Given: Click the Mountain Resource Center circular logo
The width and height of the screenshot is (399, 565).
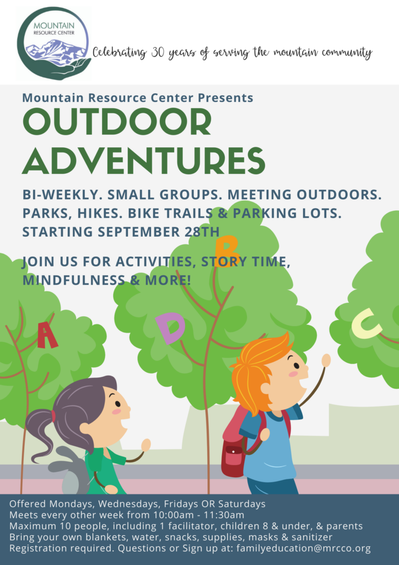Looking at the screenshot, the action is pos(53,43).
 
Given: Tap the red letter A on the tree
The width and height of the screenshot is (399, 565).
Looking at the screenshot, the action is pos(47,335).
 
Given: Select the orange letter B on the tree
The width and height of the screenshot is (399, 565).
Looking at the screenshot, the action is pos(227,251).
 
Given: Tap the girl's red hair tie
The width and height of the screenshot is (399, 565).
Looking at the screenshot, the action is pos(53,416).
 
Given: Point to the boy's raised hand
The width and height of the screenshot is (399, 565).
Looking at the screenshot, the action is pos(326,360).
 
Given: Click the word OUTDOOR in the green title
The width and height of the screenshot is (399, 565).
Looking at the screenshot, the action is pos(117,122).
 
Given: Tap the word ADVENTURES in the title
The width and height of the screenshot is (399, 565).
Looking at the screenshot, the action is pos(143,159).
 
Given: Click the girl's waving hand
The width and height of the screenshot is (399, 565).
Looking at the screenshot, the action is pos(146,445).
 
